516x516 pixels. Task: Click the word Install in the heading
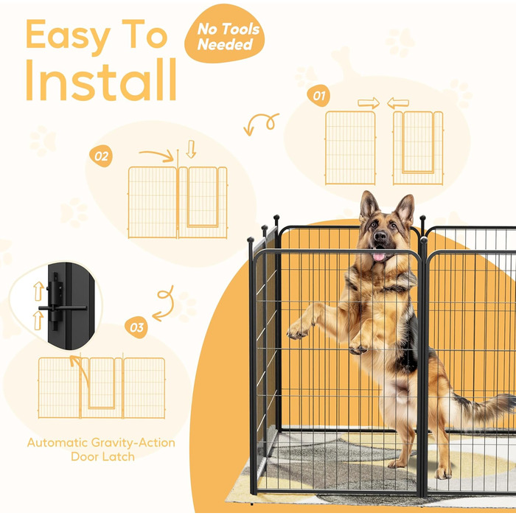pyautogui.click(x=101, y=80)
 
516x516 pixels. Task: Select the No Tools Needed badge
pyautogui.click(x=224, y=33)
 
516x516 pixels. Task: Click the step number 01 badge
pyautogui.click(x=318, y=95)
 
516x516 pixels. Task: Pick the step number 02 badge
pyautogui.click(x=101, y=156)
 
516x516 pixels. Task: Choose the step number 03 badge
pyautogui.click(x=136, y=327)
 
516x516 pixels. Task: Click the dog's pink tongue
pyautogui.click(x=379, y=257)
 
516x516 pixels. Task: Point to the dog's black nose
pyautogui.click(x=380, y=236)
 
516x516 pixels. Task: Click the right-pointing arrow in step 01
pyautogui.click(x=369, y=102)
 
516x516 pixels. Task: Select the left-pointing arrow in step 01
pyautogui.click(x=398, y=103)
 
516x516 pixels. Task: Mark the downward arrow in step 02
pyautogui.click(x=191, y=149)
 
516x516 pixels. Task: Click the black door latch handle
pyautogui.click(x=63, y=308)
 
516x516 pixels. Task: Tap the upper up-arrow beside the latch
pyautogui.click(x=39, y=291)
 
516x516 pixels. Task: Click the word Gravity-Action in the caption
pyautogui.click(x=133, y=443)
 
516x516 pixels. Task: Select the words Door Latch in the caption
pyautogui.click(x=103, y=457)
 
